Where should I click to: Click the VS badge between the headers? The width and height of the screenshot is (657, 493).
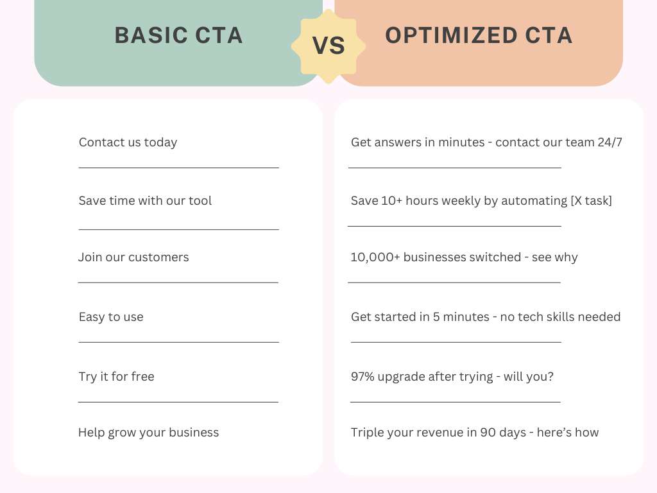pyautogui.click(x=328, y=46)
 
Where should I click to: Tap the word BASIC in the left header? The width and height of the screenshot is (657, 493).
pyautogui.click(x=151, y=35)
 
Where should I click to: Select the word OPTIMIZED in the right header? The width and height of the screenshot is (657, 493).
pyautogui.click(x=451, y=35)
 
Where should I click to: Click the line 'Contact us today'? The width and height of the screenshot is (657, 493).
pyautogui.click(x=128, y=143)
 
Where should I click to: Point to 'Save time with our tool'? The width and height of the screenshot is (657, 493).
pyautogui.click(x=145, y=201)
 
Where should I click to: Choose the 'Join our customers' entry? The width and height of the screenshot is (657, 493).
pyautogui.click(x=133, y=257)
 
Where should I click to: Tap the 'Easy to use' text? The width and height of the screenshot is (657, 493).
pyautogui.click(x=111, y=317)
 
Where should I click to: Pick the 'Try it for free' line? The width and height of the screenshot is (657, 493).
pyautogui.click(x=117, y=376)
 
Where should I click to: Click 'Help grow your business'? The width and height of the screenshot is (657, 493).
pyautogui.click(x=148, y=433)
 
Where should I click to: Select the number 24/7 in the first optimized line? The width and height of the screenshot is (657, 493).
pyautogui.click(x=610, y=143)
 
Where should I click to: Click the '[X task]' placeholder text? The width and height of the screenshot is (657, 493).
pyautogui.click(x=591, y=201)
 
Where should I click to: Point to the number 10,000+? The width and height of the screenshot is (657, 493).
pyautogui.click(x=375, y=257)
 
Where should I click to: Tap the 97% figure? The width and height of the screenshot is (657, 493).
pyautogui.click(x=363, y=376)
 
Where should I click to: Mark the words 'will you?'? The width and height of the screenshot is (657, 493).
pyautogui.click(x=529, y=376)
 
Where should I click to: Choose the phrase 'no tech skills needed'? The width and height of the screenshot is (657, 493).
pyautogui.click(x=560, y=317)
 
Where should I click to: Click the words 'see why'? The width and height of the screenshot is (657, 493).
pyautogui.click(x=555, y=257)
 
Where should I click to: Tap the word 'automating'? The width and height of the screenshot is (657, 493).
pyautogui.click(x=534, y=201)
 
